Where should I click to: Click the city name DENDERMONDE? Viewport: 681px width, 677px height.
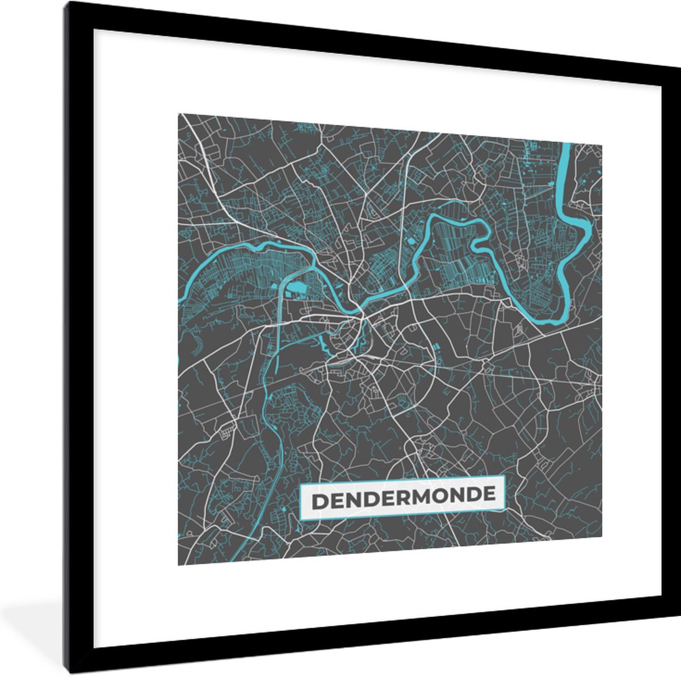click(x=402, y=497)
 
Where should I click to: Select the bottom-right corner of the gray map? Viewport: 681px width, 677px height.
click(x=601, y=537)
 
